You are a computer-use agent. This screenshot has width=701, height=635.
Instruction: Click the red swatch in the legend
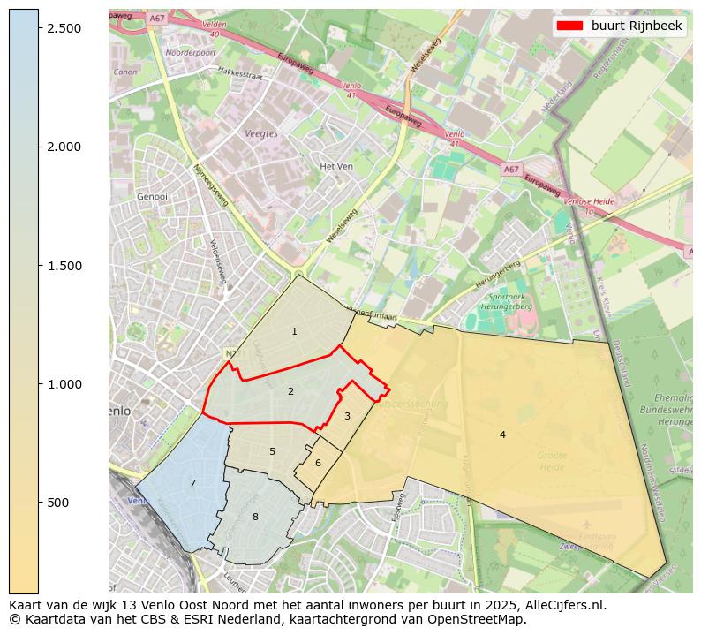point(569,26)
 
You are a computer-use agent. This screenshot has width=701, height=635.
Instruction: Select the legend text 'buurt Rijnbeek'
point(637,26)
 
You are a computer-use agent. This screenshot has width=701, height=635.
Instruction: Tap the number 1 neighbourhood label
point(294,331)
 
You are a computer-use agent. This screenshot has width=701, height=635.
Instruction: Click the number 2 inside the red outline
point(290,391)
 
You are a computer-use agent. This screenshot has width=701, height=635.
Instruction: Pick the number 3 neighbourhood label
point(347,416)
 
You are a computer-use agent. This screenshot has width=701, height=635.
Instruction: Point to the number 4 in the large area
point(502,435)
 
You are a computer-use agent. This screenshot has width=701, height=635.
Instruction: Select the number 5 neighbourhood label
point(272,451)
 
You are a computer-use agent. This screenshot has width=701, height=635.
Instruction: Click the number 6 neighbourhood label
point(318,463)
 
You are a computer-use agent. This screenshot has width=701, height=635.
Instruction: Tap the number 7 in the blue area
point(192,483)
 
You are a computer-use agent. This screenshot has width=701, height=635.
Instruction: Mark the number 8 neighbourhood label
point(255,517)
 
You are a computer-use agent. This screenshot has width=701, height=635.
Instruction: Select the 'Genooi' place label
point(153,197)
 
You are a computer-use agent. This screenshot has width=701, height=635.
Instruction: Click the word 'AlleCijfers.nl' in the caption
point(562,606)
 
